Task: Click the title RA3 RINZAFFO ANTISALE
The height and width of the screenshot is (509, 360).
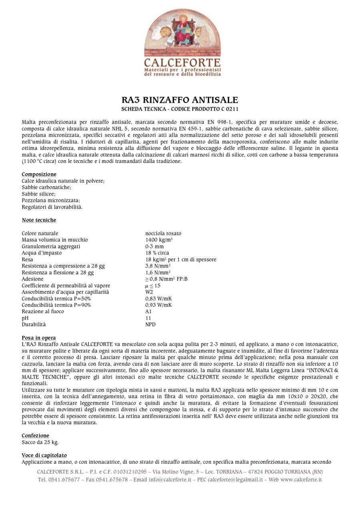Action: (x=180, y=100)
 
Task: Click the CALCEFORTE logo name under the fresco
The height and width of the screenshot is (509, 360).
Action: (x=182, y=63)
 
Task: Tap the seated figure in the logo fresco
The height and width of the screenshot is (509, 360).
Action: (x=182, y=30)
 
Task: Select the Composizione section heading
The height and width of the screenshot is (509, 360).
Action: (x=39, y=174)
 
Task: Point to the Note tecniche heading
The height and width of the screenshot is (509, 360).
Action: (x=39, y=220)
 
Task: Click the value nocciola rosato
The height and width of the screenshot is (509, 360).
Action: (x=163, y=234)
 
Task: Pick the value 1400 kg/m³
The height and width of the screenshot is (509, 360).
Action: (x=159, y=240)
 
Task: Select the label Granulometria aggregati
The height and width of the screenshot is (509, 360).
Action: (x=51, y=246)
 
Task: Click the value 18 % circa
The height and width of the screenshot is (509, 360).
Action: (x=157, y=253)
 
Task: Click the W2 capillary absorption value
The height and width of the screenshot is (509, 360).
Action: (x=149, y=292)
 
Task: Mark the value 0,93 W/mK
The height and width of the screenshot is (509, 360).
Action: (x=158, y=305)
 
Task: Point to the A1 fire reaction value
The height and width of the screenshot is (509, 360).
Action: (x=148, y=311)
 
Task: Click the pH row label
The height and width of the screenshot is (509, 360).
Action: (x=24, y=318)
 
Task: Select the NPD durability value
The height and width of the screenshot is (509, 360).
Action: (x=150, y=324)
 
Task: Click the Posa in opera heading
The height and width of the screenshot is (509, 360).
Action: (x=39, y=338)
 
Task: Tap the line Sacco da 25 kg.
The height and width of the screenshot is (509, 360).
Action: (x=40, y=442)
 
